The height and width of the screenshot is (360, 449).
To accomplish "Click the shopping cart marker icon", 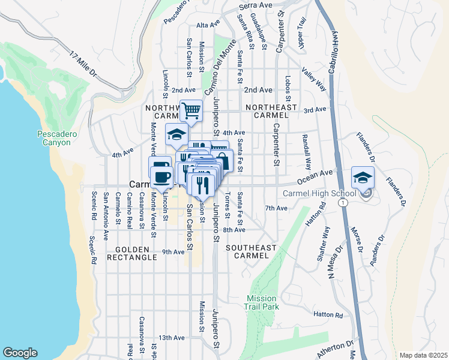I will [x=191, y=110].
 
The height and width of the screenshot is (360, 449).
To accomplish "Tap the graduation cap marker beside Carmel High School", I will [x=363, y=178].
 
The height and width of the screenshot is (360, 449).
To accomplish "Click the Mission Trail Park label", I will [x=262, y=302].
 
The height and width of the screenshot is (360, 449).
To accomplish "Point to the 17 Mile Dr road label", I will [x=83, y=64].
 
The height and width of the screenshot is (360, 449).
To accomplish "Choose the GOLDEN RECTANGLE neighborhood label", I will [x=132, y=253].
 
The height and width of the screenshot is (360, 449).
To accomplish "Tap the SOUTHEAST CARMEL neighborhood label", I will [x=251, y=251].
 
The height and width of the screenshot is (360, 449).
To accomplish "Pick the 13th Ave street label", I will [x=172, y=338].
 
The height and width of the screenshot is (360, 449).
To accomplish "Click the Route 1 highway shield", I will [x=342, y=204].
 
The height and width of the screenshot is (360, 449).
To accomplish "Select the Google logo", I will [x=20, y=353].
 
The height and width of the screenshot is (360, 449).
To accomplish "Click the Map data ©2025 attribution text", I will [x=423, y=355].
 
